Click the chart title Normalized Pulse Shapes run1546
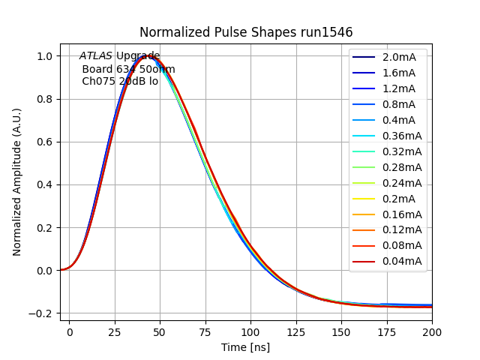coord(246,32)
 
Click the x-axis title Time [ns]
coord(245,347)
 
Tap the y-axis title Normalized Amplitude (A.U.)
coord(17,181)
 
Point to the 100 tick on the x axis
coord(250,330)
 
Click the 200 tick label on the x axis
coord(432,330)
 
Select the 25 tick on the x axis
coord(115,330)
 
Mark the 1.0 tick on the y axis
coord(45,56)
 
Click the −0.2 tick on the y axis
coord(42,313)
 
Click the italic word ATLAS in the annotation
coord(96,55)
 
